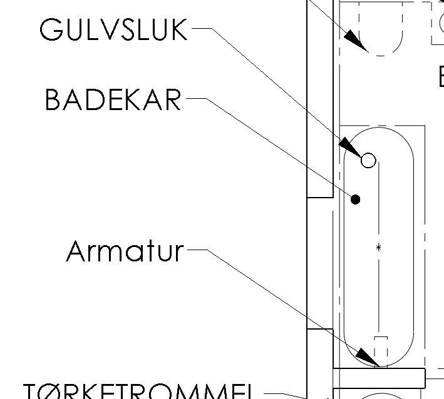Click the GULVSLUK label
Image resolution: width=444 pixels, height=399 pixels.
113,29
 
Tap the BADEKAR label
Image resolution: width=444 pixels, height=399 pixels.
113,100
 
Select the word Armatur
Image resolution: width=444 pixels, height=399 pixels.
125,251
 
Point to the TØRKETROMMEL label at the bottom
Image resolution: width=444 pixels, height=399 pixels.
138,390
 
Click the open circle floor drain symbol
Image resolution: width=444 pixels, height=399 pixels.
369,161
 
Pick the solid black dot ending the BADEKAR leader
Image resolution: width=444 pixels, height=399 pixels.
356,199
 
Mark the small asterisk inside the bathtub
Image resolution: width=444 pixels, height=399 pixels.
378,248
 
